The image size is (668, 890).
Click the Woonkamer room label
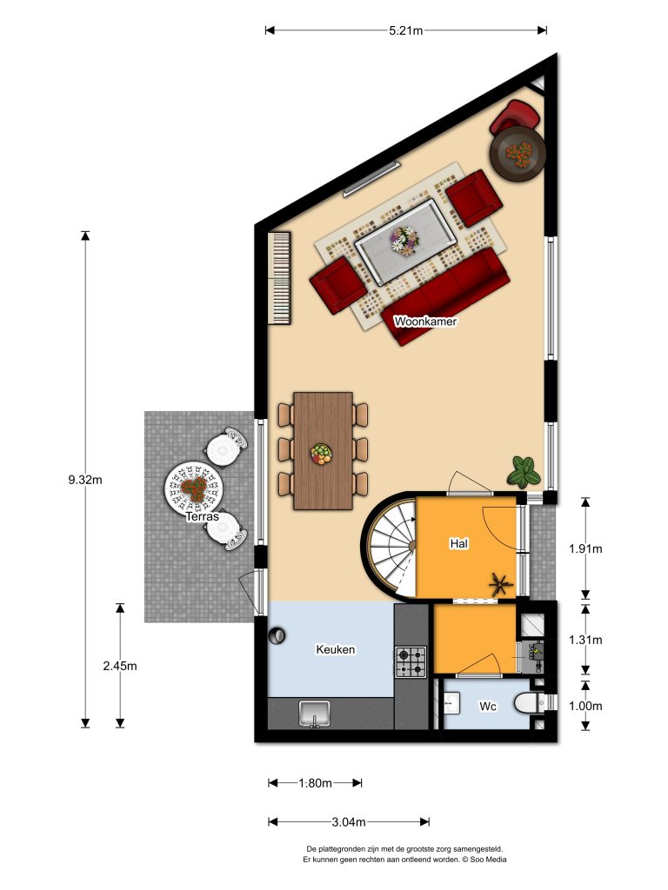pos(425,321)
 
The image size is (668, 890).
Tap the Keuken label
pos(336,649)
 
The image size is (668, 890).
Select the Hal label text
pos(459,543)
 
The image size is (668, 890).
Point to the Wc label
pos(488,707)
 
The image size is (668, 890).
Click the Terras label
pos(203,516)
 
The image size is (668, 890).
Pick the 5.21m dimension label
pos(405,30)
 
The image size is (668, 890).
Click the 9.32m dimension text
pos(85,479)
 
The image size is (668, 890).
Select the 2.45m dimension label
pos(120,666)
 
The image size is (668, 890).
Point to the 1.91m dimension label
pos(584,548)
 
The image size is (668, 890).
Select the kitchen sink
pos(314,714)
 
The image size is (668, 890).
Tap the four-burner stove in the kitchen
pos(411,662)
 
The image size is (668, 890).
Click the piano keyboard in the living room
pos(280,277)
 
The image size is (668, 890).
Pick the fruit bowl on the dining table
pos(322,454)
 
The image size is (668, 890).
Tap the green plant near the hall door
pos(524,471)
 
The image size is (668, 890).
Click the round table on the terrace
pos(193,489)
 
